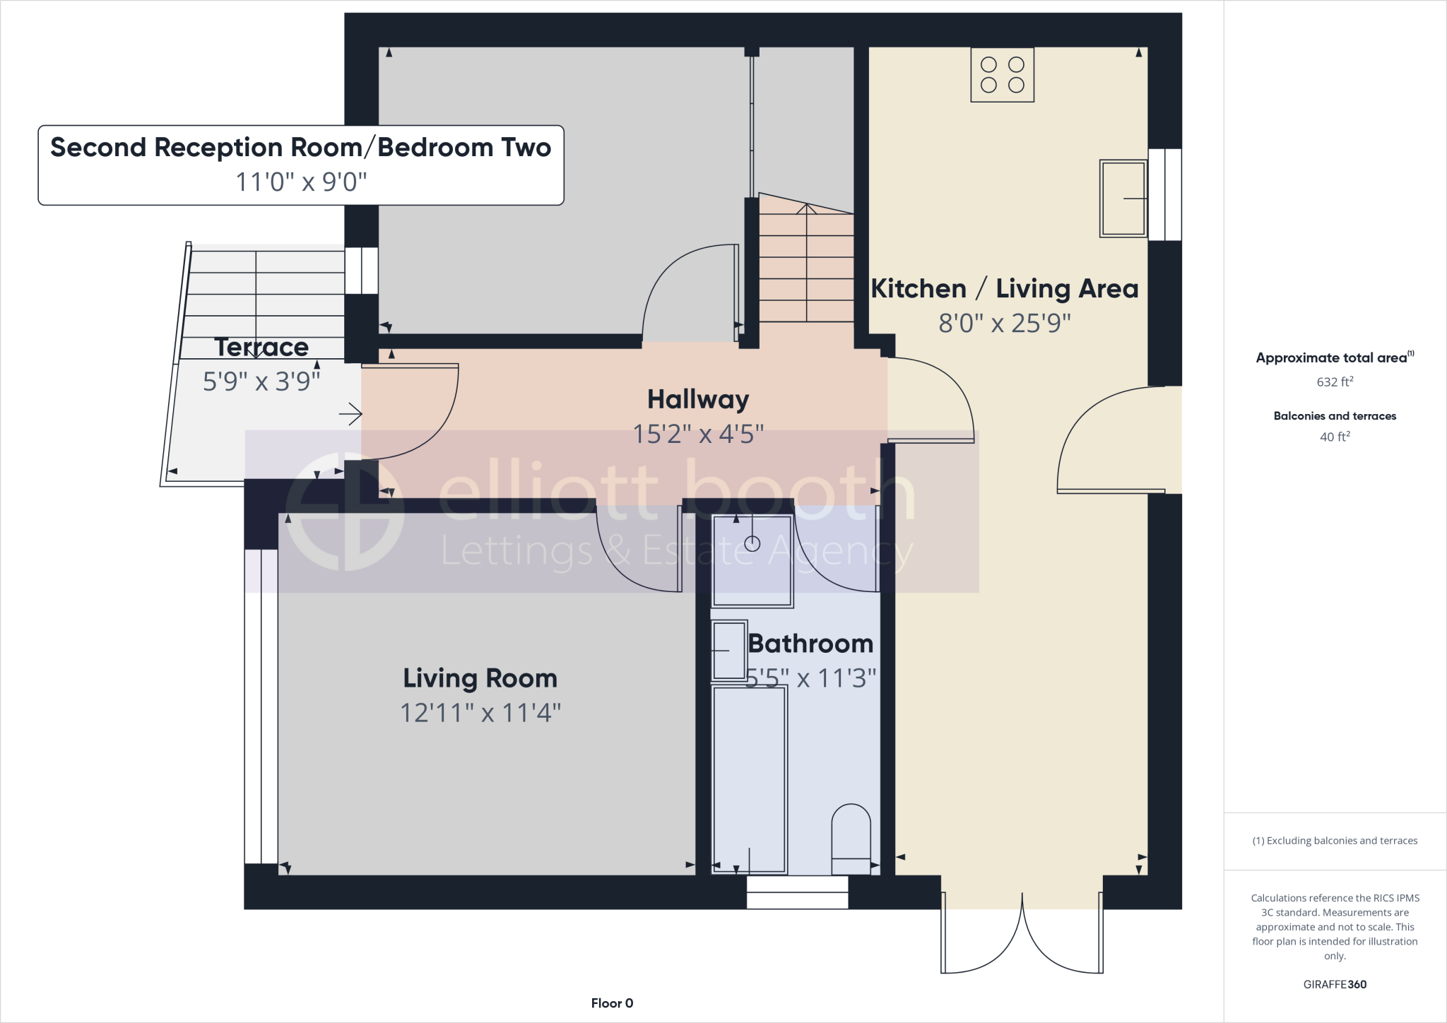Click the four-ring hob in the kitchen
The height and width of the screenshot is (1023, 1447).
pos(1002,75)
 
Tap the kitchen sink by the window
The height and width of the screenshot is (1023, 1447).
pos(1123,199)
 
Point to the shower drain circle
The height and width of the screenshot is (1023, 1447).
pos(752,543)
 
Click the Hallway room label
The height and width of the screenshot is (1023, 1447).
pos(698,399)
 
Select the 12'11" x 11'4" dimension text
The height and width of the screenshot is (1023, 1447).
pos(480,713)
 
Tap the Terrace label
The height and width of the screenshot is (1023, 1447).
pos(261,347)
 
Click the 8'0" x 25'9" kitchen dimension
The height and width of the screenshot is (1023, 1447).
pos(1004,323)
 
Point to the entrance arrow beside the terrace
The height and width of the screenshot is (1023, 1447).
pos(350,414)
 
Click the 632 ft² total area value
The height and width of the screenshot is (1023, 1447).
pos(1335,382)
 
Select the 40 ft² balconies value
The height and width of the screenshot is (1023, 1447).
pos(1335,437)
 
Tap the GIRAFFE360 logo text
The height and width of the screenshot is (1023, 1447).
pos(1335,984)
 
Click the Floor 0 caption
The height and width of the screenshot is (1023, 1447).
pos(612,1003)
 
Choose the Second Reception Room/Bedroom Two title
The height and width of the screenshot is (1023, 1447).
pos(300,148)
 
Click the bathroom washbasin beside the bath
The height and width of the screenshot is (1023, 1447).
pos(728,650)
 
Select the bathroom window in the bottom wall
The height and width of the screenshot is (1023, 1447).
pos(797,892)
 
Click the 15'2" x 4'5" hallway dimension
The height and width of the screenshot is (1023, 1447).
pos(698,434)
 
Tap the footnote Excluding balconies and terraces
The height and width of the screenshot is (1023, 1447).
pos(1335,841)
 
